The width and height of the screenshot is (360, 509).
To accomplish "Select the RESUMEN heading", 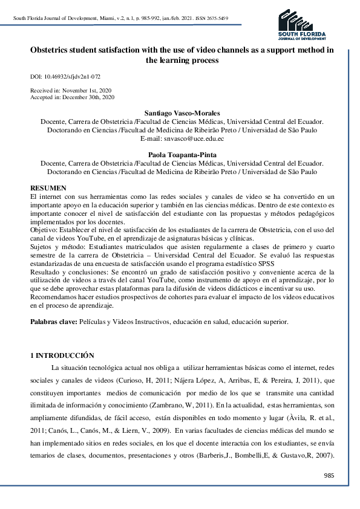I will (48, 189).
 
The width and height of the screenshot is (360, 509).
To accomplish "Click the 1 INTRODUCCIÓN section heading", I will (63, 354).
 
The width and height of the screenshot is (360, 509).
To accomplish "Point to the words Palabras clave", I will (53, 322).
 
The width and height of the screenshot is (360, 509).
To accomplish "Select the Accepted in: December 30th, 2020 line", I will (72, 97).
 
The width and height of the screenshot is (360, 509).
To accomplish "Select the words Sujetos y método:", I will (59, 247).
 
